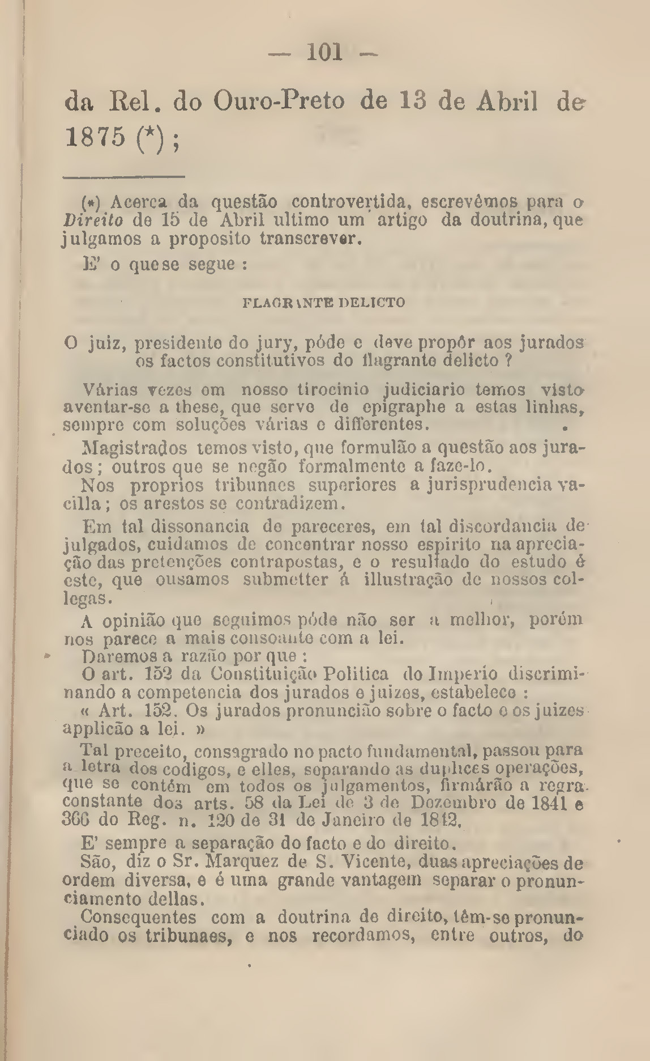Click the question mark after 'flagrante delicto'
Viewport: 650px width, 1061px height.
508,360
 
